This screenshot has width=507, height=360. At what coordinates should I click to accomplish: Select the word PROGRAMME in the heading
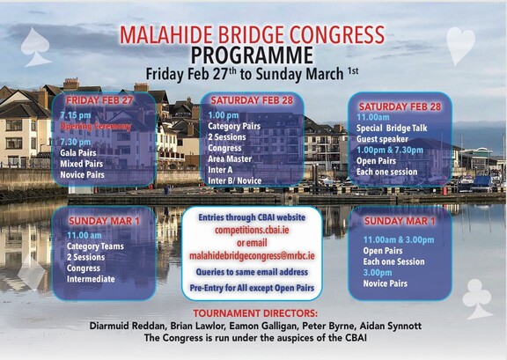253,55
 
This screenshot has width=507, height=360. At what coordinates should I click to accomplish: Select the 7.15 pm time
75,114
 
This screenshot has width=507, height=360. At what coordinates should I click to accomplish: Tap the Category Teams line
97,248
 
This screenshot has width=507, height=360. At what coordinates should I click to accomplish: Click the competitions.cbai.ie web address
253,225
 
